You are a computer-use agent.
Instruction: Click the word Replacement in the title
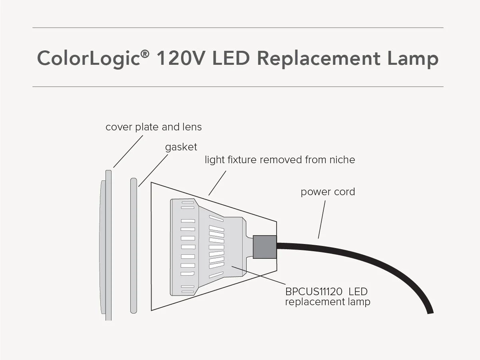pos(318,58)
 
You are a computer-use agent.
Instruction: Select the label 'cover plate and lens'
pos(153,127)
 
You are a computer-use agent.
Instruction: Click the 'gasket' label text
pos(181,147)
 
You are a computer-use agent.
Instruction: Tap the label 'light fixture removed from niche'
pos(280,160)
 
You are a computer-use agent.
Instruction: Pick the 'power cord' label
pos(328,192)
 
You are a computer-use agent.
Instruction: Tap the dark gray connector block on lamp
pos(265,246)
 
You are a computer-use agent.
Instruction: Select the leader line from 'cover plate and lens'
pos(128,151)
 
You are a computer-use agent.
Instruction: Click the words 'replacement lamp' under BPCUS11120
pos(328,302)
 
